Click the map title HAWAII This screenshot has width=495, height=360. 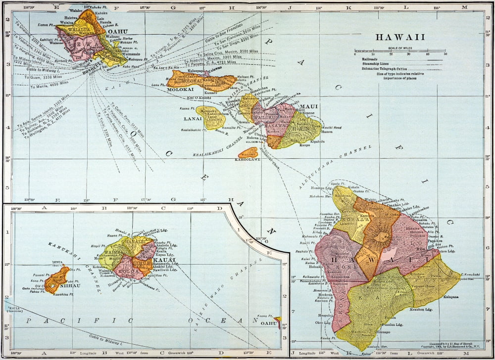[x=400, y=38]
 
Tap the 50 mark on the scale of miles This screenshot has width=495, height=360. [x=445, y=54]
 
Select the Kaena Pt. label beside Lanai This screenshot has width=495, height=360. [x=185, y=108]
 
